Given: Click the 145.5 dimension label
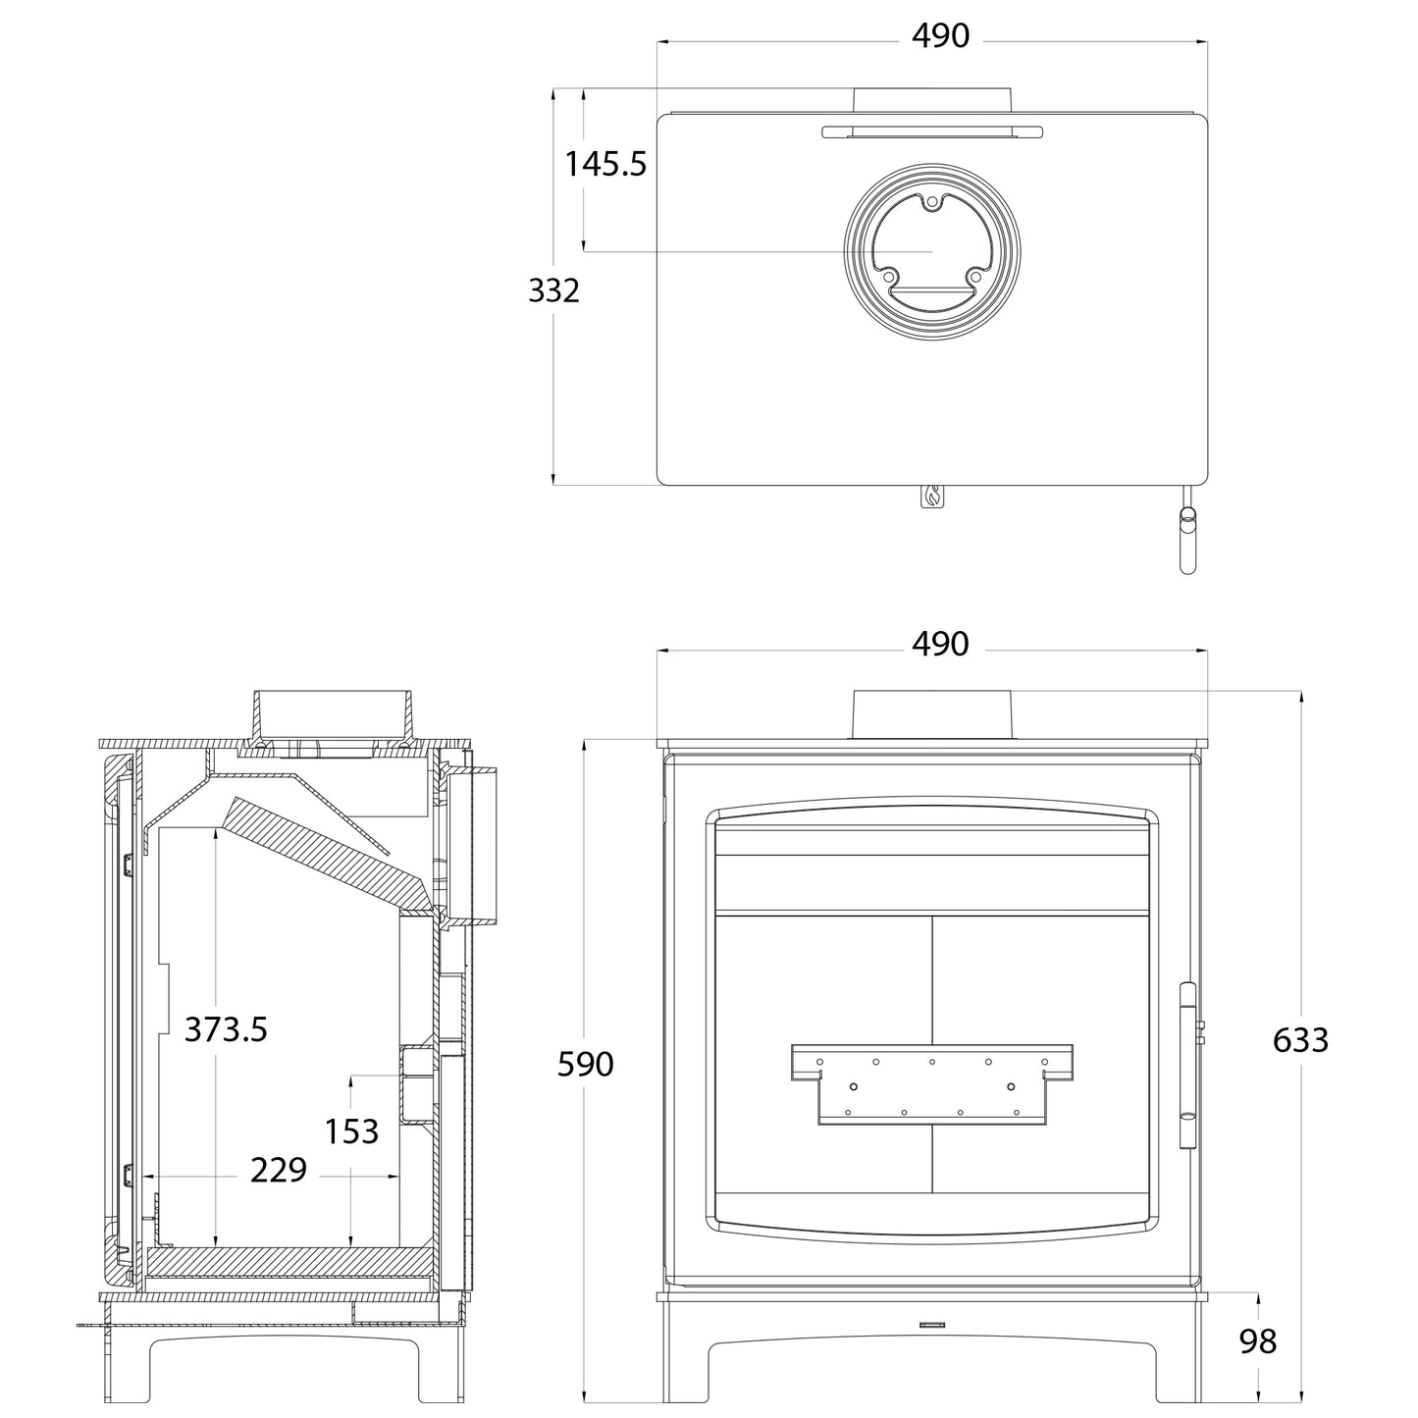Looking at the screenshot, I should (x=605, y=164).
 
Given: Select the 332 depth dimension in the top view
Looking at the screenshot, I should (x=554, y=290).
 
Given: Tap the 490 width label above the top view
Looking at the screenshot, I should (x=940, y=36).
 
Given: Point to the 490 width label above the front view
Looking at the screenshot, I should (x=940, y=644).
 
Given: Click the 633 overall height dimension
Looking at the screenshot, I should (x=1300, y=1039).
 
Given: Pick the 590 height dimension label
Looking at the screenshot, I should (x=585, y=1064).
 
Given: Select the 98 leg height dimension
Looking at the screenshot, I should (x=1257, y=1341).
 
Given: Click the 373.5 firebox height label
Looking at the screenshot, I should (x=226, y=1029).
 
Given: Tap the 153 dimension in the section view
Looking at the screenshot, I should (x=351, y=1131).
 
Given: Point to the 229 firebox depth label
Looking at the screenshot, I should (x=279, y=1170).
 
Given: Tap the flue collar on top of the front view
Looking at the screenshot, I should (x=932, y=713).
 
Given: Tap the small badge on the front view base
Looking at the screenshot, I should (x=931, y=1325).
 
